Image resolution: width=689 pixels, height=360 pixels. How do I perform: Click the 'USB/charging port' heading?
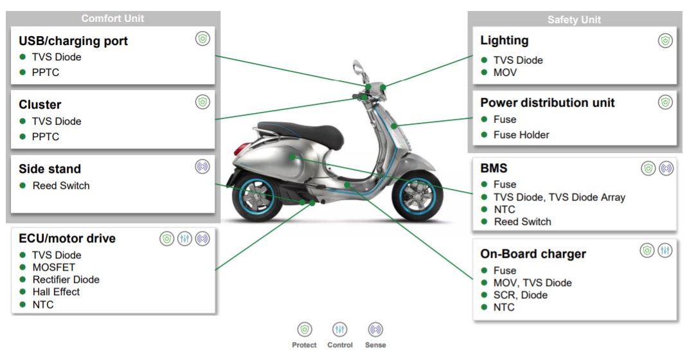(x=73, y=41)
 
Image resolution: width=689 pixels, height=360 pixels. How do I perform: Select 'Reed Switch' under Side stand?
(x=61, y=186)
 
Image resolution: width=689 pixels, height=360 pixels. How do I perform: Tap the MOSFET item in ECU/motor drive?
(x=53, y=267)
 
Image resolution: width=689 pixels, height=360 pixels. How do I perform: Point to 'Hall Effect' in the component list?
(x=57, y=292)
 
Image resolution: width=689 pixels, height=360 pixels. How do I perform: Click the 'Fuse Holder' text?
(x=521, y=135)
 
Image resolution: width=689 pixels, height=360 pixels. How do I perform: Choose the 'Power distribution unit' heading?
(x=547, y=103)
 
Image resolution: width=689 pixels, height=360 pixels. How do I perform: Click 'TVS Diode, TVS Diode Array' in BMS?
(x=559, y=197)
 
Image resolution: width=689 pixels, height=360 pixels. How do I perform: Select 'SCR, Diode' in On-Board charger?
(x=520, y=295)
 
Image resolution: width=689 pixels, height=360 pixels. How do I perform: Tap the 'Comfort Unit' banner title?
(x=112, y=19)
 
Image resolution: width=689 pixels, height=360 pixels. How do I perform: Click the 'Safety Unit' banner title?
(x=574, y=20)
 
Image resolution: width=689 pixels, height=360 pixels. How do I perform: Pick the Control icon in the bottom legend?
(x=339, y=329)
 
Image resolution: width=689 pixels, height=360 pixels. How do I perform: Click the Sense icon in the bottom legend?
(x=375, y=329)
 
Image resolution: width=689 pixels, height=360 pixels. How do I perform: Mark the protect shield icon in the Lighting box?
(x=665, y=41)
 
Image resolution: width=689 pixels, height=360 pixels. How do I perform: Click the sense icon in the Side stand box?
(x=202, y=166)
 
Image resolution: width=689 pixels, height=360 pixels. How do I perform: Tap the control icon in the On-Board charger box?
(x=665, y=251)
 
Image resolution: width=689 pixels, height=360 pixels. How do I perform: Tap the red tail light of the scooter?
(x=240, y=148)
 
